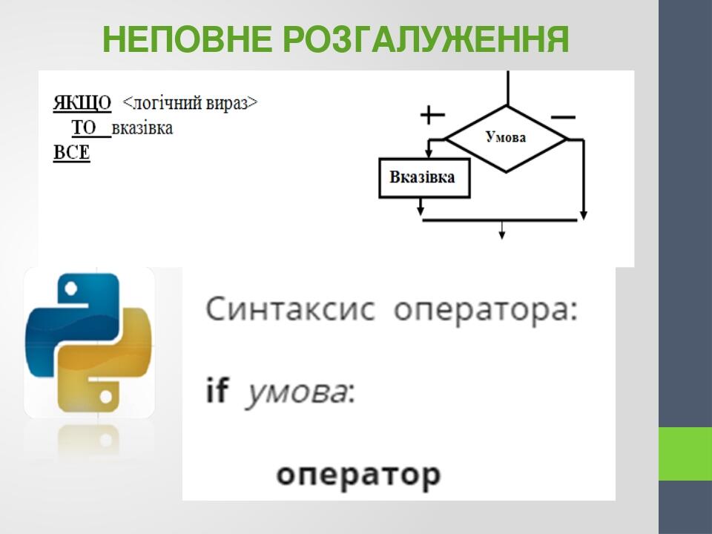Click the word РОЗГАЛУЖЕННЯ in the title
[426, 40]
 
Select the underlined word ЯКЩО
[82, 102]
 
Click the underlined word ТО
[85, 128]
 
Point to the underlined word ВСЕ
[71, 154]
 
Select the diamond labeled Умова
[506, 138]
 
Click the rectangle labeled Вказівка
[424, 178]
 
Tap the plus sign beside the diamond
[432, 115]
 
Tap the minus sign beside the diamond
[564, 116]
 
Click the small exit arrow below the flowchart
[502, 232]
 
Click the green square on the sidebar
[685, 454]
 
